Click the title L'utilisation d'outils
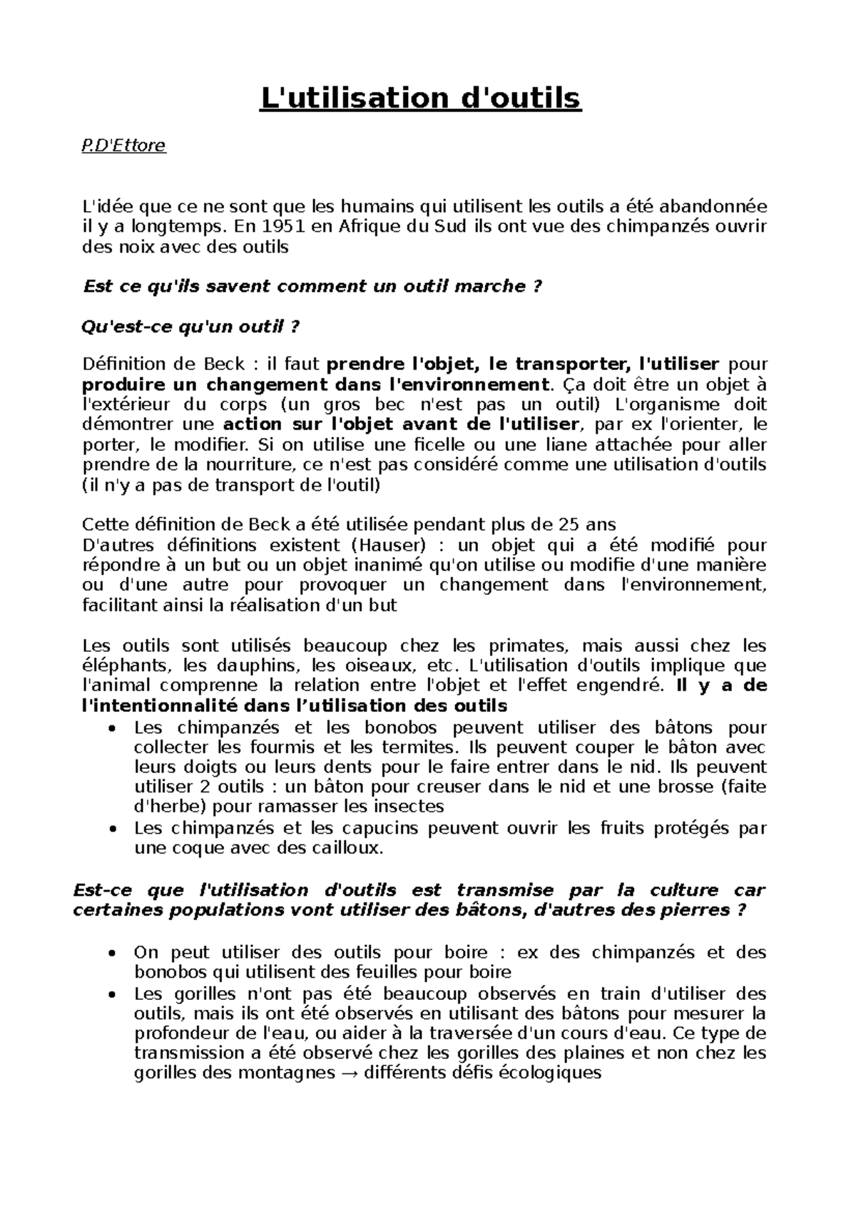[420, 98]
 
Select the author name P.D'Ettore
[124, 146]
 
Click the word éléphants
[128, 666]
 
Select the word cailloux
[348, 849]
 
